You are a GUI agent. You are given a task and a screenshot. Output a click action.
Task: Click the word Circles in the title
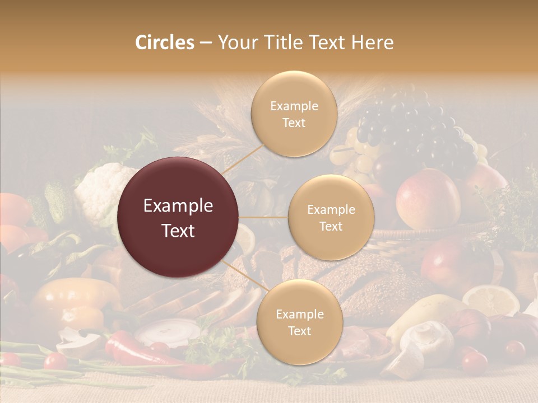[164, 43]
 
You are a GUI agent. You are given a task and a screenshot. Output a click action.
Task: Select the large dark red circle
[178, 217]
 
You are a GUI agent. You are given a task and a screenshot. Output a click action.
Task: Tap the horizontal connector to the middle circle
[263, 217]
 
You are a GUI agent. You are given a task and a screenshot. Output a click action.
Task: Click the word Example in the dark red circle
[178, 206]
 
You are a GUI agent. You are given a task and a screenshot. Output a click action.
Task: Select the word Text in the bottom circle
[299, 331]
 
